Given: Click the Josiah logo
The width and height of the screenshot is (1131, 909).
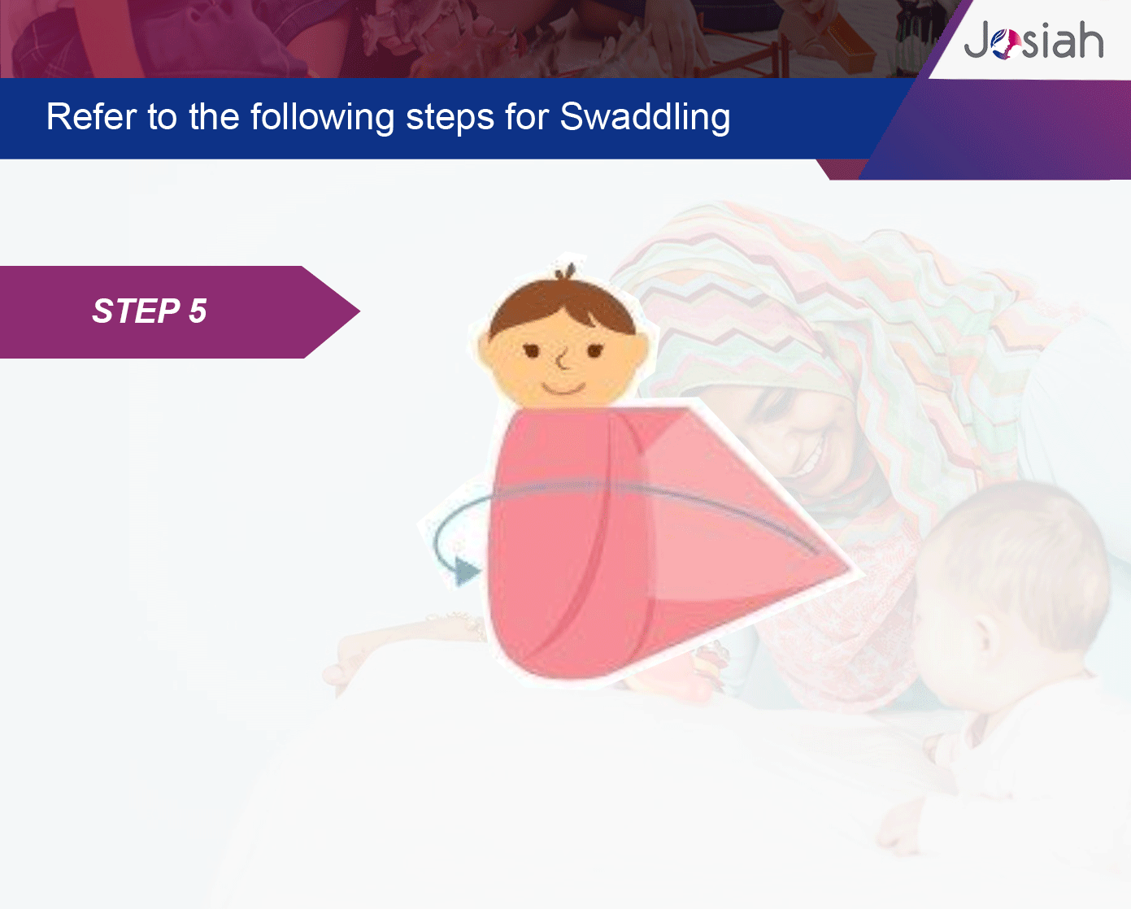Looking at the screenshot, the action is point(1033,40).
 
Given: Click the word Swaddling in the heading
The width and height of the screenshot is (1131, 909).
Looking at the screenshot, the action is point(645,117).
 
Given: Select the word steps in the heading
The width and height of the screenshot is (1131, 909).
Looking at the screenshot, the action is point(450,118).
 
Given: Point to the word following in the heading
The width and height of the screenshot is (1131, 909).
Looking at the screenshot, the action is point(322,117).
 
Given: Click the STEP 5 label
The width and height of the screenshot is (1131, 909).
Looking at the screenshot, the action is point(150,311).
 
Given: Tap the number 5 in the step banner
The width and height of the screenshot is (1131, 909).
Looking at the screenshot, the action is point(198,311).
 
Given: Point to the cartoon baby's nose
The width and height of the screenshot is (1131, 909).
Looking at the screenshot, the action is point(563,362).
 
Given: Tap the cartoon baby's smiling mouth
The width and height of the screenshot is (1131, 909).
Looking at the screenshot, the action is point(563,389).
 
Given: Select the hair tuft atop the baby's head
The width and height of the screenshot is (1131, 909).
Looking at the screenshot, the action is point(566,272).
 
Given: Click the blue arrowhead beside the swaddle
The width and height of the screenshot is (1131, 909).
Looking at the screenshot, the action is point(466,571).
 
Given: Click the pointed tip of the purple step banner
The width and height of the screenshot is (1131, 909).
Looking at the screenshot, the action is point(359,311).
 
